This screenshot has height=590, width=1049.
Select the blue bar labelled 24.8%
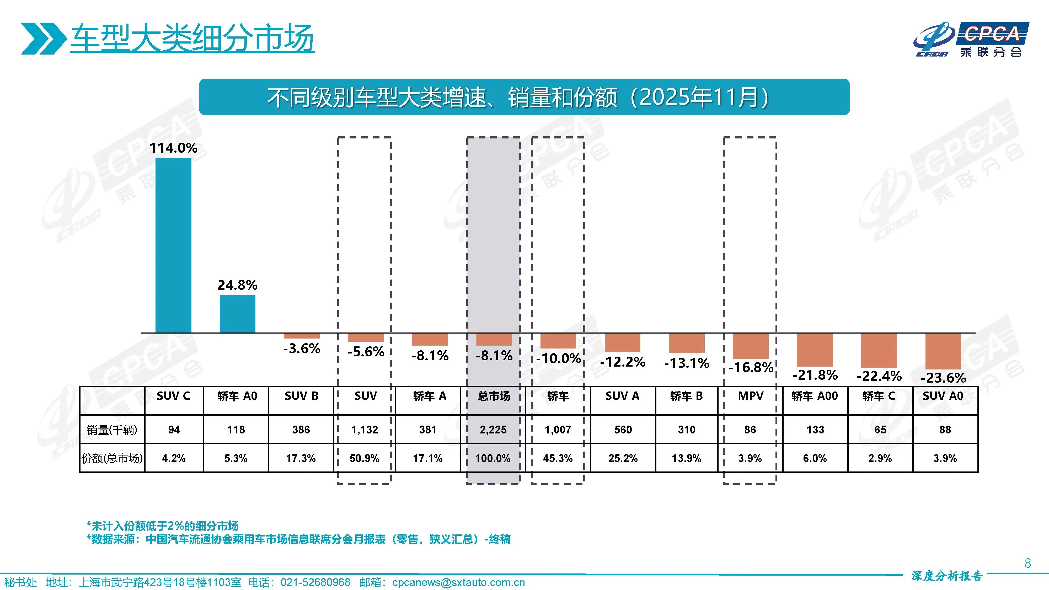(x=237, y=314)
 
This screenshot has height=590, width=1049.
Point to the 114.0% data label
(x=173, y=148)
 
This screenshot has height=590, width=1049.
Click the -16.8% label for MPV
(x=751, y=367)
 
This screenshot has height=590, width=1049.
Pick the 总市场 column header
(x=494, y=396)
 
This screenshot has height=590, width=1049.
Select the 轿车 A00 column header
(x=815, y=396)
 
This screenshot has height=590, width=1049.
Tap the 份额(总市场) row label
(x=112, y=458)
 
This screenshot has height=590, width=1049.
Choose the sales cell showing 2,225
(x=493, y=430)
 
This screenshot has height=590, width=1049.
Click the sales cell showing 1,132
(x=365, y=430)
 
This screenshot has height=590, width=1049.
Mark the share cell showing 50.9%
(x=365, y=458)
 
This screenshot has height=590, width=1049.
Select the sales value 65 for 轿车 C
(x=880, y=430)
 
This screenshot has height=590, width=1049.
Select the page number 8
(x=1027, y=563)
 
